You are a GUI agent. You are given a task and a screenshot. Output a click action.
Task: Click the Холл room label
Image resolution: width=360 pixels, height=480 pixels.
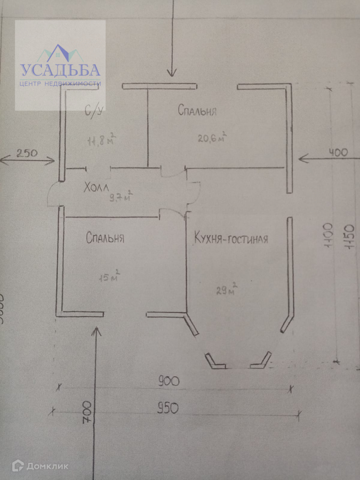[x=96, y=187]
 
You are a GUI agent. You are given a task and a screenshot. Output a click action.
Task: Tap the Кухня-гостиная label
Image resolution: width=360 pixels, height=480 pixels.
[x=231, y=238]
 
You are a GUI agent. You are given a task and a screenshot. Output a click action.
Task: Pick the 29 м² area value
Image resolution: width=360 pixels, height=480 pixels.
[x=226, y=291]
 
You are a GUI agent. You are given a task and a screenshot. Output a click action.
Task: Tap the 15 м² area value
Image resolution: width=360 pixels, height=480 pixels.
[x=109, y=277]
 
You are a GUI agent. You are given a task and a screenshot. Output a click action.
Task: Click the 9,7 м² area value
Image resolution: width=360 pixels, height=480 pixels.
[x=121, y=197]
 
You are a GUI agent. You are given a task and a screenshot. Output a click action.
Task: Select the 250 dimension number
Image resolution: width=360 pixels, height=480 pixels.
[x=27, y=153]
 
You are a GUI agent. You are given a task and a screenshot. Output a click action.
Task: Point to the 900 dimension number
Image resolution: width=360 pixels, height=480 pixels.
[x=168, y=381]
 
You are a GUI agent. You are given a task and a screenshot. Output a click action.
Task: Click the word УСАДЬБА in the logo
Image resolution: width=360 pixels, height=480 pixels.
[x=60, y=70]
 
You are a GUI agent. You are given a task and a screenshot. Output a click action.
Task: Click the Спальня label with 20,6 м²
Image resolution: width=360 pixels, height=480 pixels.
[x=197, y=111]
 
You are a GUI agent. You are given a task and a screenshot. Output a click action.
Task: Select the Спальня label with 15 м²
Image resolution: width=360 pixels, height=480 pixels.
[x=105, y=238]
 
